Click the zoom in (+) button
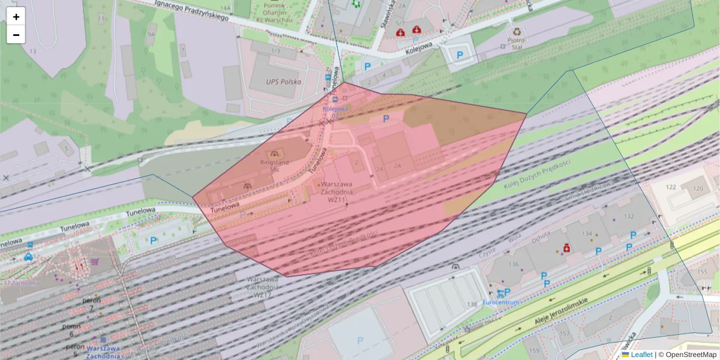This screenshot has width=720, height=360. [16, 17]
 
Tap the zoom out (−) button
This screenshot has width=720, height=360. [16, 35]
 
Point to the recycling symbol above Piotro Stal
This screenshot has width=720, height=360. [517, 31]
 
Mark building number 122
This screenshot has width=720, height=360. [671, 188]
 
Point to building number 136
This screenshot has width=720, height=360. [513, 264]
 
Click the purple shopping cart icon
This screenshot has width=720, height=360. [95, 262]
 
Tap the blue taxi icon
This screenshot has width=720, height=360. [28, 257]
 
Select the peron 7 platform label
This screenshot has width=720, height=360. [90, 303]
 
